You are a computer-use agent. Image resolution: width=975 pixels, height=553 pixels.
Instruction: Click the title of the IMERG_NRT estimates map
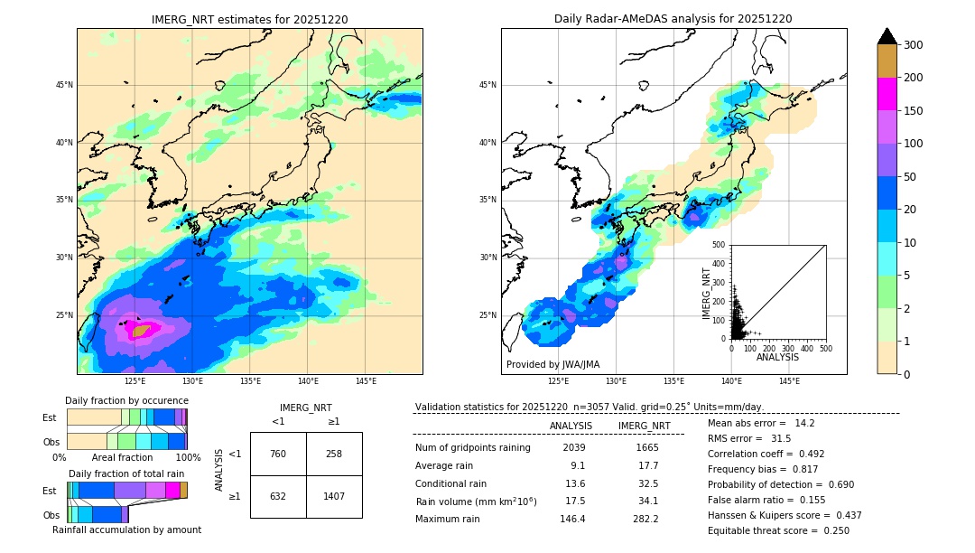[249, 19]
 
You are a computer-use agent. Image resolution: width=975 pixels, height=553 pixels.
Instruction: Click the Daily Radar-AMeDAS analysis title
[673, 19]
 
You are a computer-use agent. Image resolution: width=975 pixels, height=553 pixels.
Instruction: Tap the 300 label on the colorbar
[915, 44]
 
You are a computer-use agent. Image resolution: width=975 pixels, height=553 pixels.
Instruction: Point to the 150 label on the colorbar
[915, 111]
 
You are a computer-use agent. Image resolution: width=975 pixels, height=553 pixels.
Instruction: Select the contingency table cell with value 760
[278, 454]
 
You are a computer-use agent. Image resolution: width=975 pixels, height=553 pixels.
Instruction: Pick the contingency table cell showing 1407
[334, 496]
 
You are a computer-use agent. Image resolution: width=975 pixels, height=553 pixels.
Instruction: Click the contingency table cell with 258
[334, 454]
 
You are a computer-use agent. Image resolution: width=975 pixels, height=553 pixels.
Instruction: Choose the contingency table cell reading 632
[278, 496]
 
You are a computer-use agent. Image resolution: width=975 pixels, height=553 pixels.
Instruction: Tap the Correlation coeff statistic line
[766, 454]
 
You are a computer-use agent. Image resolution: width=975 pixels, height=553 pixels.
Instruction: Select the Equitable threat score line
[778, 530]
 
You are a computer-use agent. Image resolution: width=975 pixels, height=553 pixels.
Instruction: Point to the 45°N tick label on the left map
[63, 85]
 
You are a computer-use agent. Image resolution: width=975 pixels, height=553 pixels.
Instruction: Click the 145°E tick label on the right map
[789, 381]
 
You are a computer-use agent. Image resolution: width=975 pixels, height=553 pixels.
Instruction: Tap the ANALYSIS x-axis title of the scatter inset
[777, 357]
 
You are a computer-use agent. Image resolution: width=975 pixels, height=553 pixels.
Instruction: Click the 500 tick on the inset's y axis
[719, 245]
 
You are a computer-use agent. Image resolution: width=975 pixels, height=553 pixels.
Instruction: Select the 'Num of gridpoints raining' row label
[473, 447]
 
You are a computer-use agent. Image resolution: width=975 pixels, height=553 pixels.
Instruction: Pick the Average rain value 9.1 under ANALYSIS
[578, 465]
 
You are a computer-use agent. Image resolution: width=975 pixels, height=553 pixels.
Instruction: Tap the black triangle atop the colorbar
[887, 36]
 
